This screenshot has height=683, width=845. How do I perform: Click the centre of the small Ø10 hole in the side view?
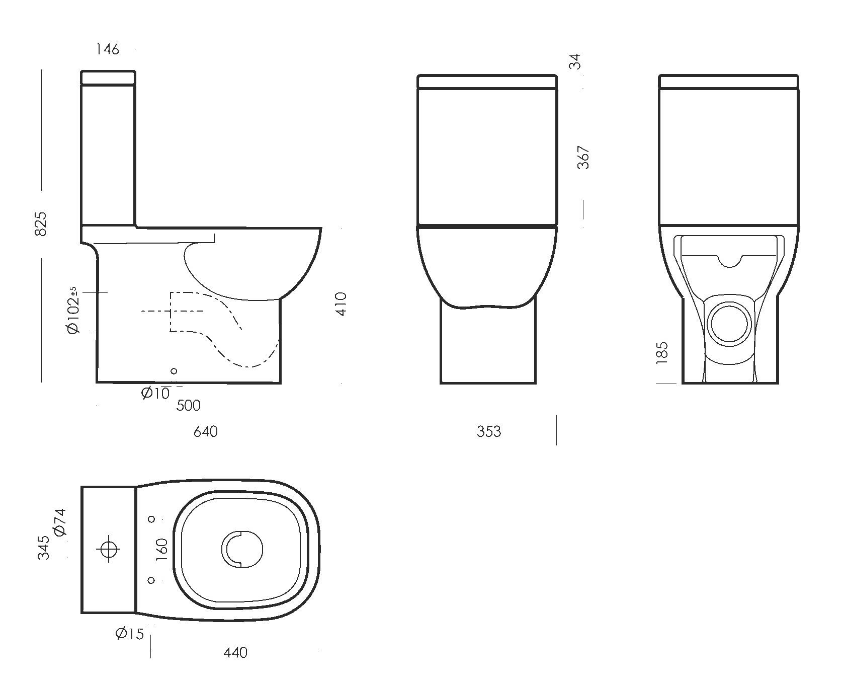[174, 371]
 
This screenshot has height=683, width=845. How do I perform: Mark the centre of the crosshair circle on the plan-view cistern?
[108, 549]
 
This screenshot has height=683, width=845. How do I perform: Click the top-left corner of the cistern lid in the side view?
[81, 71]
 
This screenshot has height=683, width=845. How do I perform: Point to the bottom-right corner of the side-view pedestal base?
[280, 383]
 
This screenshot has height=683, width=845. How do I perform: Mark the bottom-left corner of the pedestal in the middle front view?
[441, 383]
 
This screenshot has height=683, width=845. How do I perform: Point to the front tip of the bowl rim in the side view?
[321, 229]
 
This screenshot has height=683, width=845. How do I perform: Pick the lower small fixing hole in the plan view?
[152, 580]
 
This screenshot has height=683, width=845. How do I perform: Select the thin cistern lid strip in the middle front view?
[487, 82]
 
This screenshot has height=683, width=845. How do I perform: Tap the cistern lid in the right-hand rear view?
[729, 82]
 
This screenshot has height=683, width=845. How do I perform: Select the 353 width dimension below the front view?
[489, 431]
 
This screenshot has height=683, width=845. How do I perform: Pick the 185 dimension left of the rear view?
[662, 352]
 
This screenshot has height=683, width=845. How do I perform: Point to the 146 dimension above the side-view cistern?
[107, 49]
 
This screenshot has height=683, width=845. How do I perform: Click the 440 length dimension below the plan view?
[235, 652]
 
